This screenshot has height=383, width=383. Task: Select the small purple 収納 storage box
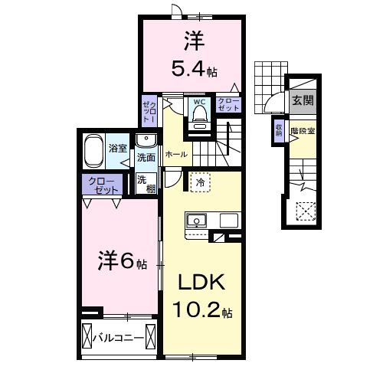tap(279, 131)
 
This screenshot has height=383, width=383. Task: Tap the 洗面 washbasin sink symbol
tap(146, 139)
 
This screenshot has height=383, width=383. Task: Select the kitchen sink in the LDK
tap(197, 221)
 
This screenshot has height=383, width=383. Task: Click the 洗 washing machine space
tap(143, 178)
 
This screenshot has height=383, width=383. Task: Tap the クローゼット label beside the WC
tap(228, 104)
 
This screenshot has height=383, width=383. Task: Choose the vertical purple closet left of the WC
tap(148, 111)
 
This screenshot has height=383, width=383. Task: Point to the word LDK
tap(201, 283)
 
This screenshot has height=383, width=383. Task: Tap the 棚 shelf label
tap(143, 189)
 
